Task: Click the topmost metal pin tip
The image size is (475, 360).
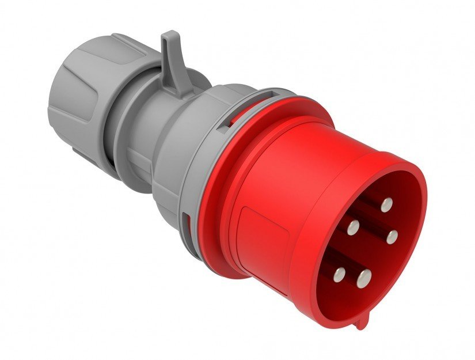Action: [x=386, y=203]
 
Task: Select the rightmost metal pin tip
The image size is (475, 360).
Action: [x=393, y=236]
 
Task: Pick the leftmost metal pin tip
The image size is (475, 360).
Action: [x=340, y=274]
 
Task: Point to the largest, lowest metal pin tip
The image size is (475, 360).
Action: [x=363, y=279]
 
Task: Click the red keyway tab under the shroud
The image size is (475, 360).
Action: [x=361, y=323]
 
